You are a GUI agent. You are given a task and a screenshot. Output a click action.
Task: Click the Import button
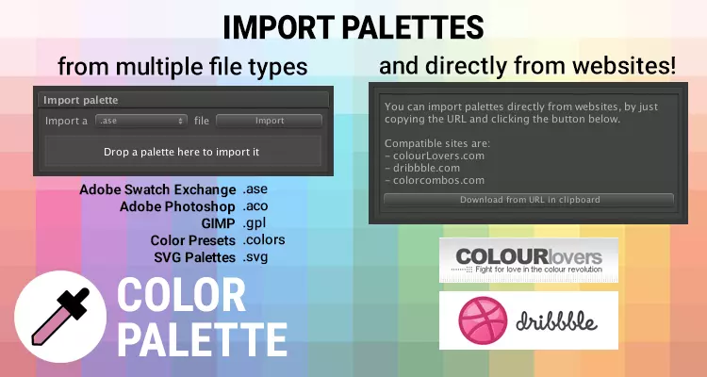270,121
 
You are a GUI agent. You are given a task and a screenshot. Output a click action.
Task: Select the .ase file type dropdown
141,121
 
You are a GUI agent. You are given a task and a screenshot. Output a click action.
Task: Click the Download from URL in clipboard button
529,200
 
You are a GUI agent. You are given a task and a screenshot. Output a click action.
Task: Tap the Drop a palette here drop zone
183,152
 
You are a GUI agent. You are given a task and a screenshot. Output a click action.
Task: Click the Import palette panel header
183,100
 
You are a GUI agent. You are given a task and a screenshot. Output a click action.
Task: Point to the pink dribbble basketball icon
483,320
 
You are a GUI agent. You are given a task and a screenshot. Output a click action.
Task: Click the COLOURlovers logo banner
529,260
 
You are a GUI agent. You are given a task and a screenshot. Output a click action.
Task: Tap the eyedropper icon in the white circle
60,317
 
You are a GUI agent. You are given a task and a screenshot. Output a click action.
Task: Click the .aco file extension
255,206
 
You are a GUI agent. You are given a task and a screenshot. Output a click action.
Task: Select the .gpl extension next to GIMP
255,223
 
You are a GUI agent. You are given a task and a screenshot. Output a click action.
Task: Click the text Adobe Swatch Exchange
157,189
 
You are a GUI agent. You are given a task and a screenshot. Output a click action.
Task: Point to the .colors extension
264,239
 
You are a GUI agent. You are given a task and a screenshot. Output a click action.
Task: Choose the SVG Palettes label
195,257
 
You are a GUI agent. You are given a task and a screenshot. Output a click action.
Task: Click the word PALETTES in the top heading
413,27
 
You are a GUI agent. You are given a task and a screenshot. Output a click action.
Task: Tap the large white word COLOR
181,295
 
